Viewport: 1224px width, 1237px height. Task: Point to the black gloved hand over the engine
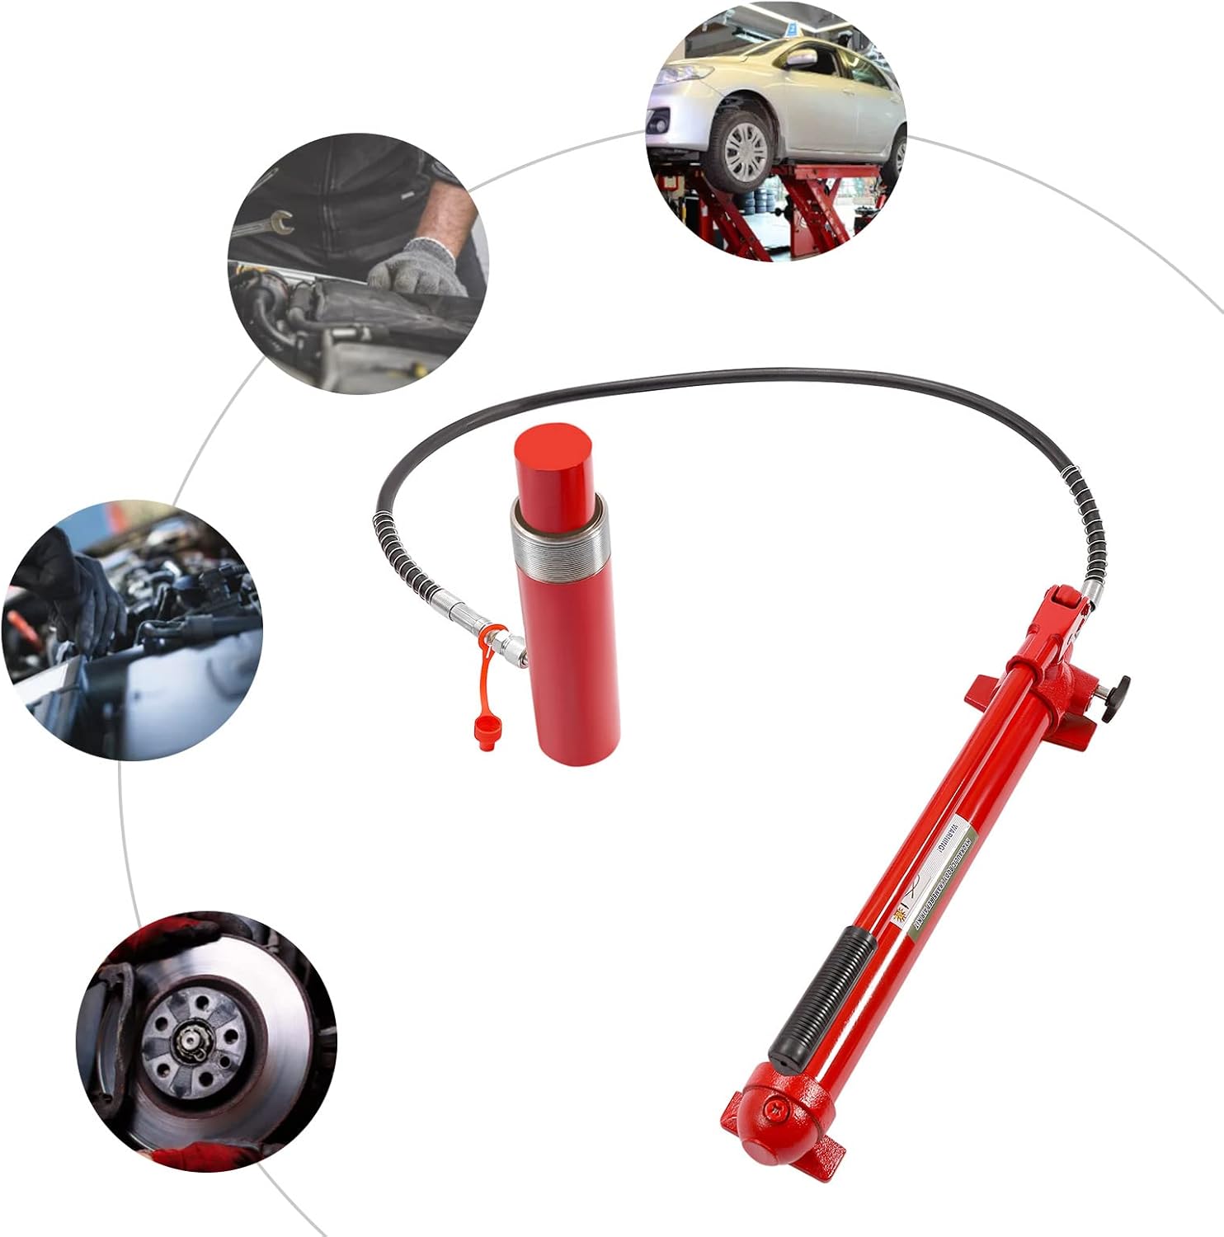[x=78, y=594]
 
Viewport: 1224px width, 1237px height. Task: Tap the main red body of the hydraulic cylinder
[x=569, y=660]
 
